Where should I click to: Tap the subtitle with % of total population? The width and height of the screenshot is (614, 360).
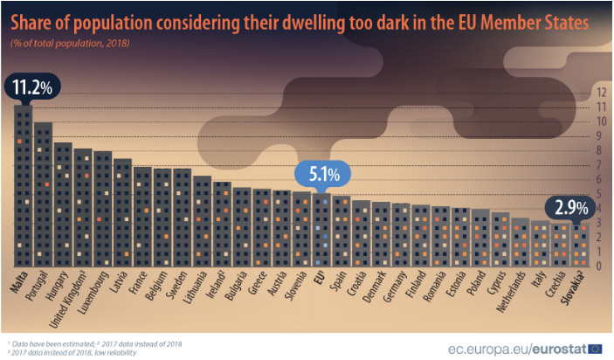coord(70,42)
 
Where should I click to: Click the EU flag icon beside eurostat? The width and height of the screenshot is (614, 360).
coord(596,348)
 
